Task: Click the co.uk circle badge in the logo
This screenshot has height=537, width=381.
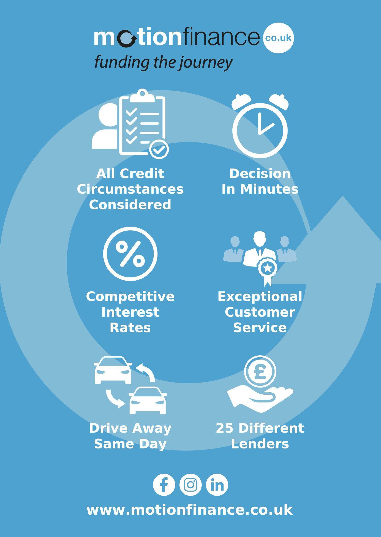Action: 279,38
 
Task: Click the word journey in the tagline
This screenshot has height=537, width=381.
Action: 206,62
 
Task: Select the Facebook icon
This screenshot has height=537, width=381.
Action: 164,485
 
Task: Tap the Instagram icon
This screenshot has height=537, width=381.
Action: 190,485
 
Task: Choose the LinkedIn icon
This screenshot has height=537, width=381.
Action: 217,485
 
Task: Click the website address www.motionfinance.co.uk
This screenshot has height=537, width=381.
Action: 190,510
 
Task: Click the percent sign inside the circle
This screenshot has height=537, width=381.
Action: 130,254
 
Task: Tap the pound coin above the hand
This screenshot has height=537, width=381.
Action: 260,371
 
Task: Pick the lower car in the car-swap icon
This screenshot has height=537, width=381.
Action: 148,401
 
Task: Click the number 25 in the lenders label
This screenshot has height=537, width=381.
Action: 225,428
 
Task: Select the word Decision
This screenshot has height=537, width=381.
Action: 260,174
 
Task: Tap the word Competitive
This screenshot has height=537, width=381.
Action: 130,297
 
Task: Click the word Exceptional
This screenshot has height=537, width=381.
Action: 260,297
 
